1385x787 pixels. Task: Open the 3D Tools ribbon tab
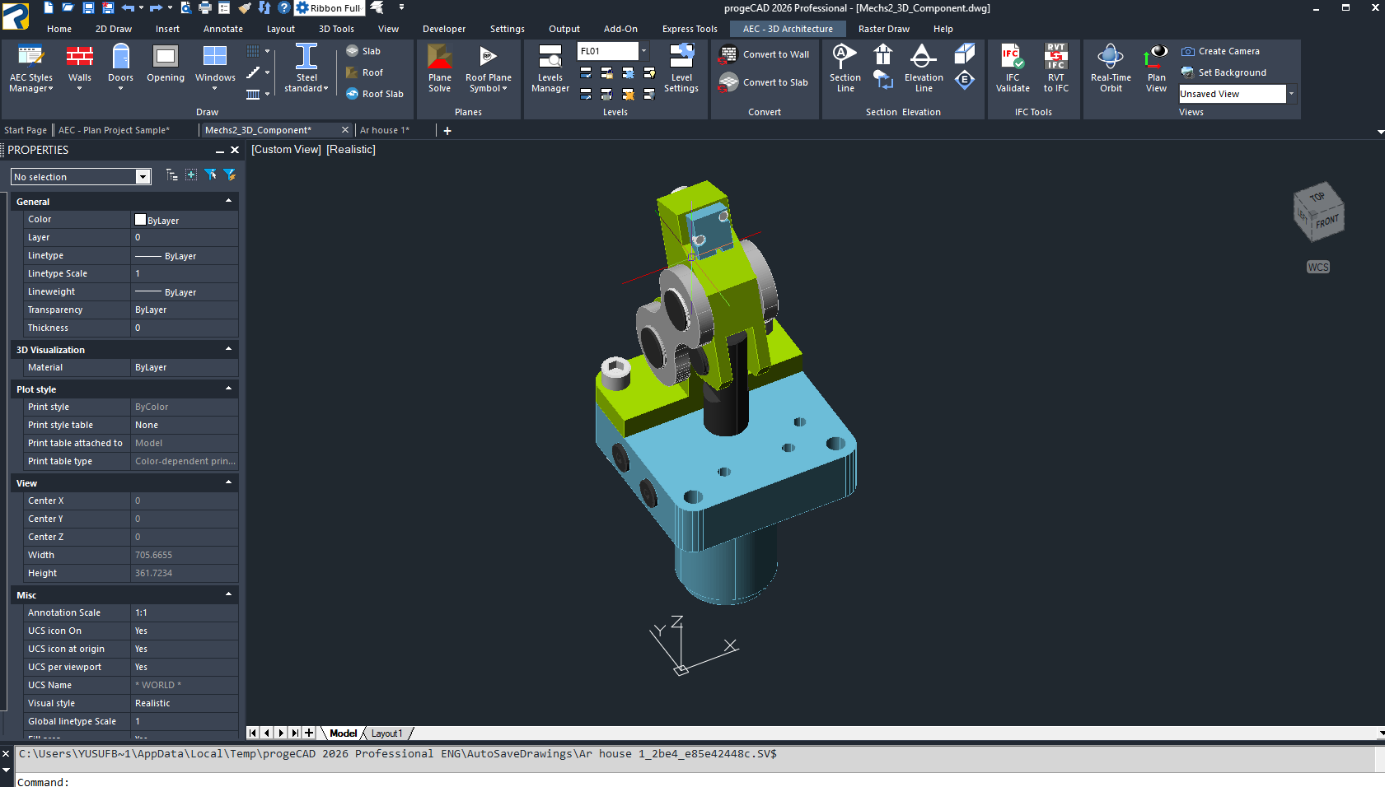(335, 29)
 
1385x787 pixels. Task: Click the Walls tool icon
(80, 57)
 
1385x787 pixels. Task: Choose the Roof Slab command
(375, 94)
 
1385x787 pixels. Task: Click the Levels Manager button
(550, 68)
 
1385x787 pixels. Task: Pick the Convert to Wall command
(765, 54)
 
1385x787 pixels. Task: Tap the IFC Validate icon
(1012, 68)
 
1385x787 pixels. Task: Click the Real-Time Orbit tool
(1111, 68)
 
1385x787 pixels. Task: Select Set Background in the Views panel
(1224, 72)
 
